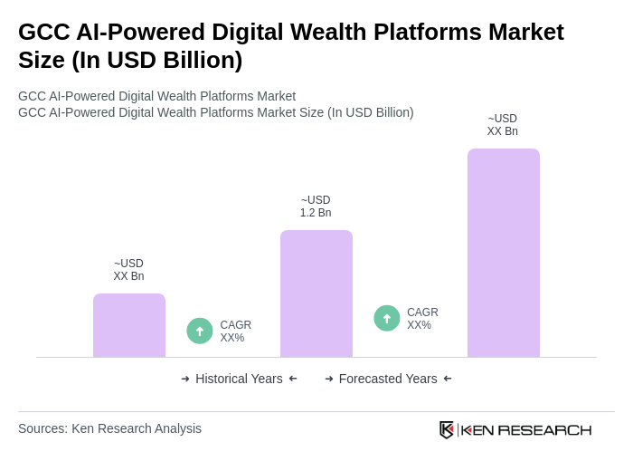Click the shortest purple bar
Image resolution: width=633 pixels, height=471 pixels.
click(x=129, y=325)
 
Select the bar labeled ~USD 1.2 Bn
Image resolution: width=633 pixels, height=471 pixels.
click(x=316, y=293)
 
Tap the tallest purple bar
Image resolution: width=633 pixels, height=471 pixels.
click(x=504, y=253)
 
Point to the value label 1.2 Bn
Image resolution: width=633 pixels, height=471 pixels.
click(x=316, y=213)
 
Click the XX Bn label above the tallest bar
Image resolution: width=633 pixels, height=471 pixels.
click(x=503, y=131)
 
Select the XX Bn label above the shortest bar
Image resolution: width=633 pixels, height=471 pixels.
click(x=128, y=276)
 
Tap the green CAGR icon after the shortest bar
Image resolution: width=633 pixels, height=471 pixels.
click(x=200, y=331)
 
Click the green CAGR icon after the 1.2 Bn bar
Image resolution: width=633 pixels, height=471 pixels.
click(x=387, y=318)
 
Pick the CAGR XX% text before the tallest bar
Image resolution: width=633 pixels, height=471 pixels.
click(x=422, y=319)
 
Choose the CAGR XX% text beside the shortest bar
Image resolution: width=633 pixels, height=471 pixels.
click(x=235, y=332)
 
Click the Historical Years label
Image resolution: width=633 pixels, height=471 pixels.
click(x=239, y=379)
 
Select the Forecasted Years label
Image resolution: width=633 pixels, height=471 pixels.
click(x=388, y=379)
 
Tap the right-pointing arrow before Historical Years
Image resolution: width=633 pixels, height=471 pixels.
click(x=185, y=379)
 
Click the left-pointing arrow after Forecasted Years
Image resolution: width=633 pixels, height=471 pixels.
click(x=448, y=379)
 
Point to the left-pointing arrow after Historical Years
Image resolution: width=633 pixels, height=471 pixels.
click(x=293, y=379)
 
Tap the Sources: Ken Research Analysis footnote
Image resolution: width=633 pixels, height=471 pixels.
click(x=109, y=428)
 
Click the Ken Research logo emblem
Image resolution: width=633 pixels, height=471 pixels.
click(x=447, y=429)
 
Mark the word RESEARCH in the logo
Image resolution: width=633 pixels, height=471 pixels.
click(x=544, y=429)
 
